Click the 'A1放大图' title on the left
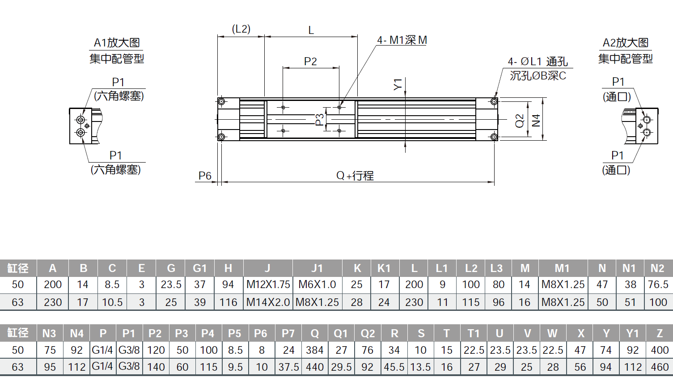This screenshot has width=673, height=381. tap(117, 43)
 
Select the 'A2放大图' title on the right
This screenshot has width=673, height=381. tap(625, 43)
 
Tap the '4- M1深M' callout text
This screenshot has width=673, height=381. tap(402, 40)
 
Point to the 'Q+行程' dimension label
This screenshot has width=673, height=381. tap(355, 176)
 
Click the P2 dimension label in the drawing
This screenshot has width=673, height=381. tap(310, 62)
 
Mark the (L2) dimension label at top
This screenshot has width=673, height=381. tap(241, 29)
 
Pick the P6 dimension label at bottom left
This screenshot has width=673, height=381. tap(205, 176)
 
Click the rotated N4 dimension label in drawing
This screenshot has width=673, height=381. tap(536, 120)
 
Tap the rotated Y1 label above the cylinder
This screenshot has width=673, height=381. tap(398, 84)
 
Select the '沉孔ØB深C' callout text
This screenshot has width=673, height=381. tap(538, 76)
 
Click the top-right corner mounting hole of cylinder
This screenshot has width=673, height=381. tap(494, 102)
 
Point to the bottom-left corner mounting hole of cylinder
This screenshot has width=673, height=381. tap(221, 137)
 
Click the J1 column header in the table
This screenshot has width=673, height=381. tap(317, 268)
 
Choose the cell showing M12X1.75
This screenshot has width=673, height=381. tap(268, 285)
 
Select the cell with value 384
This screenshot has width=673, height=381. tap(314, 350)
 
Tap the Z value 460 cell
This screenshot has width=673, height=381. tap(660, 367)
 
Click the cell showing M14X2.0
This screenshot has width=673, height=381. tap(268, 302)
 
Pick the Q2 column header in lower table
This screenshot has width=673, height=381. tap(368, 334)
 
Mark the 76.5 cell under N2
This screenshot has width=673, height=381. tap(658, 285)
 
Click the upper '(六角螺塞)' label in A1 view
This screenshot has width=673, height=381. tap(119, 96)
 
